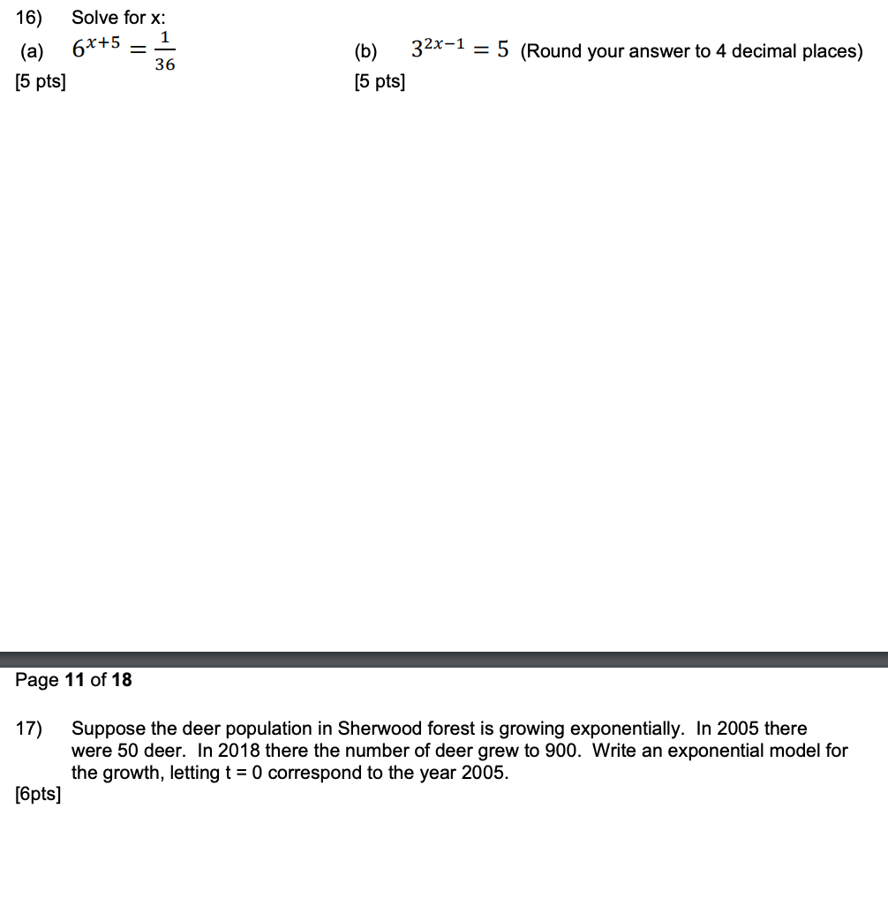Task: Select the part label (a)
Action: (x=32, y=51)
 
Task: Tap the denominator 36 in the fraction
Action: (x=164, y=64)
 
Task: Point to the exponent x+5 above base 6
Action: (x=102, y=42)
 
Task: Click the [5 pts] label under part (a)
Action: (x=40, y=83)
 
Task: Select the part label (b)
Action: (x=365, y=51)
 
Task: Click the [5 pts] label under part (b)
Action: (x=380, y=83)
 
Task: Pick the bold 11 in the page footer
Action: (x=76, y=679)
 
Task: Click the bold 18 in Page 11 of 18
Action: (x=121, y=679)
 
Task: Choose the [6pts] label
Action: (x=38, y=794)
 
